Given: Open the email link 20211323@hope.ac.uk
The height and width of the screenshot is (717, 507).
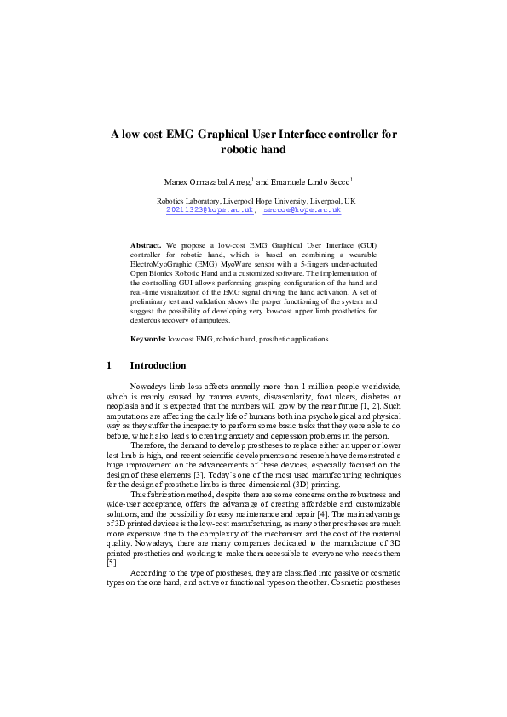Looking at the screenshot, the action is point(210,209).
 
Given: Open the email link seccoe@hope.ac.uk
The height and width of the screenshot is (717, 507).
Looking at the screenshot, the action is point(302,209).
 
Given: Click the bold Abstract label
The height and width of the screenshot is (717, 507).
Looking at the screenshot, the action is point(146,244).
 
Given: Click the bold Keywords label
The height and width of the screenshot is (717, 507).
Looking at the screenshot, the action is point(148,339).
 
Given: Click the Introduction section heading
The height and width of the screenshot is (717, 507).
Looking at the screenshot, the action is point(158,366).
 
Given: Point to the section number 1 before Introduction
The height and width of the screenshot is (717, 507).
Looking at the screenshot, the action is point(109,366).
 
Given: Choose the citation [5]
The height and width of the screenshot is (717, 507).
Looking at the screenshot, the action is point(111,538).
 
